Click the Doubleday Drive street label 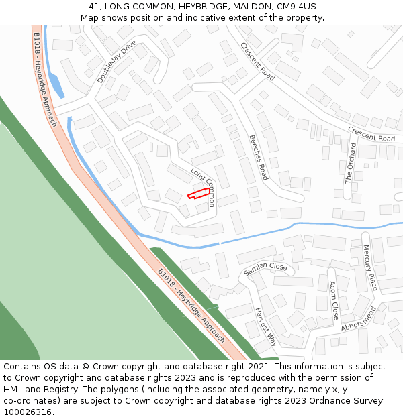[116, 62]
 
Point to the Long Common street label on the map [202, 186]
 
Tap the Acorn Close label [333, 300]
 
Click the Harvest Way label [266, 326]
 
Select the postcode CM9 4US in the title [296, 7]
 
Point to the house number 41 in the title [94, 7]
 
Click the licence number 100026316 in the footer [29, 412]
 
